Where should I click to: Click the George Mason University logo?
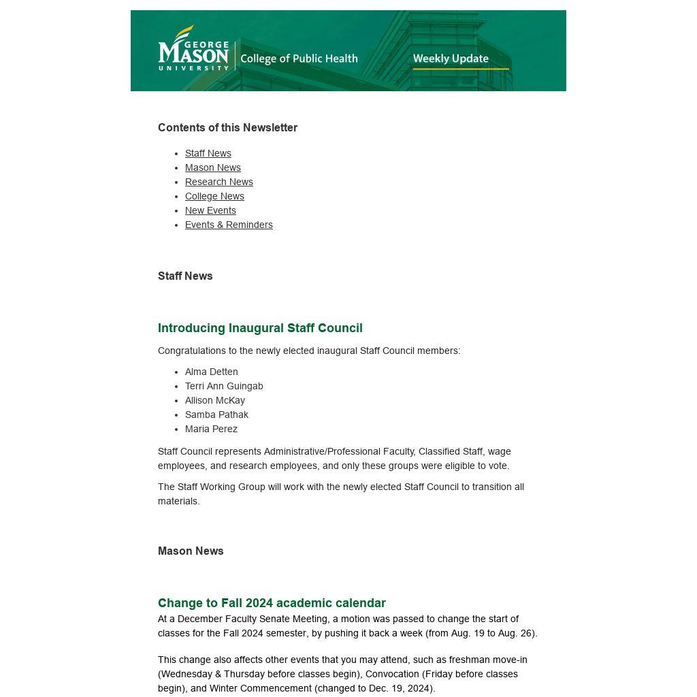coord(193,49)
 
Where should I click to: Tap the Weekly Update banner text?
coord(451,59)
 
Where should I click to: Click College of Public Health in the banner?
coord(299,59)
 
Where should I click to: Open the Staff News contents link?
coord(208,153)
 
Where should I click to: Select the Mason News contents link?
coord(213,167)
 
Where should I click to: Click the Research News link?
coord(219,182)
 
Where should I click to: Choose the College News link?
coord(214,196)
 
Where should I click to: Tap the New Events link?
coord(210,210)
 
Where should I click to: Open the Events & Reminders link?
coord(229,225)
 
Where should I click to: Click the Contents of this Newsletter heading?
coord(227,128)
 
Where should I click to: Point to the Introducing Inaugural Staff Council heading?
coord(260,328)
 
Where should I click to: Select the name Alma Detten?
coord(212,372)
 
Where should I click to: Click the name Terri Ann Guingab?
coord(224,386)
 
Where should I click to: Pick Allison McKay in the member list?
coord(215,400)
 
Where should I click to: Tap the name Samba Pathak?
coord(216,415)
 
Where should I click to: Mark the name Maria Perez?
coord(211,429)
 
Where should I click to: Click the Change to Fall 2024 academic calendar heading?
coord(272,603)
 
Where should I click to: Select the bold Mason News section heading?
coord(191,551)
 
